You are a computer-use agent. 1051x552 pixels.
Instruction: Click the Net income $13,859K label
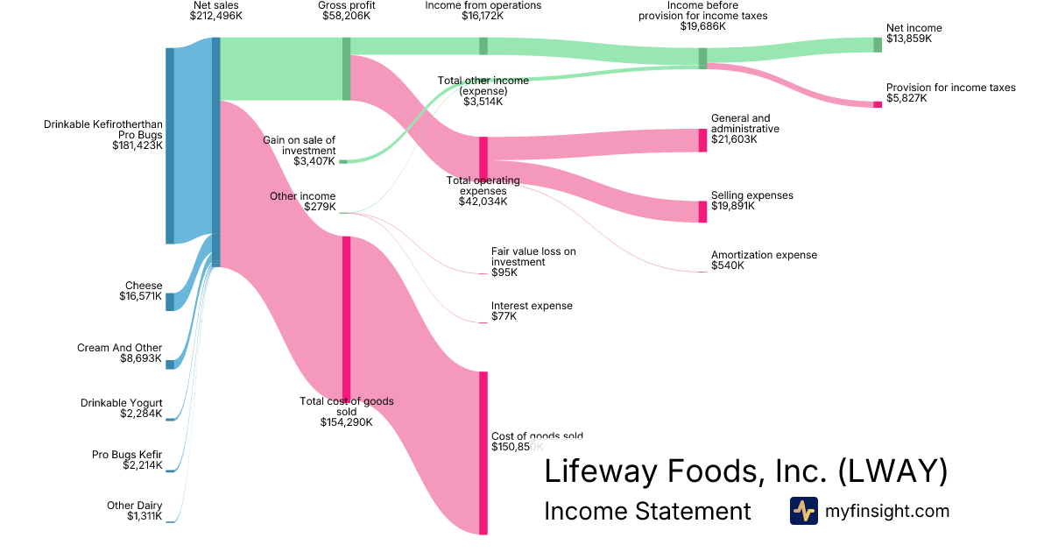click(913, 33)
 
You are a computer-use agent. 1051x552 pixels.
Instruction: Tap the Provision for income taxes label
click(950, 93)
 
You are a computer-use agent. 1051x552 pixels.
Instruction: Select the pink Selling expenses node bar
click(702, 211)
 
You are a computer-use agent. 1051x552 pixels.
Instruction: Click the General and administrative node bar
click(702, 140)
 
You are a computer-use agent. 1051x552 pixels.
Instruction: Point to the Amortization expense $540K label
click(764, 260)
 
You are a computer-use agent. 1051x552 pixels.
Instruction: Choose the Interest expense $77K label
click(532, 311)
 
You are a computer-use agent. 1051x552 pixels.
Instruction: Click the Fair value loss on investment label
click(533, 261)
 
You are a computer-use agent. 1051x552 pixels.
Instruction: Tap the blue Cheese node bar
click(170, 301)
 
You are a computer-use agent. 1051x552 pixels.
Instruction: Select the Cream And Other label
click(119, 353)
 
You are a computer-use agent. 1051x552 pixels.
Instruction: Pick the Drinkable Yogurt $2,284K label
click(121, 408)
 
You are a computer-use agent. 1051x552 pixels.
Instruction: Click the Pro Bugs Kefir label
click(127, 460)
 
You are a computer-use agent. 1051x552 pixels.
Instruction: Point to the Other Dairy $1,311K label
click(133, 511)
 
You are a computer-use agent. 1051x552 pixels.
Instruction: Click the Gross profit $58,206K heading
click(346, 11)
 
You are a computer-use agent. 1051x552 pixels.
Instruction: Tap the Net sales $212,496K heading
click(215, 11)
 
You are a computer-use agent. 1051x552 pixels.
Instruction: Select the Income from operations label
click(483, 11)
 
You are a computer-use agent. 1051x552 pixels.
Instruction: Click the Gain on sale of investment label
click(299, 150)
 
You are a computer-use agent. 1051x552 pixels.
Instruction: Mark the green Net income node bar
click(878, 45)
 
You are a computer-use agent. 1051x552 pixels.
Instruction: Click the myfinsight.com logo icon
click(803, 511)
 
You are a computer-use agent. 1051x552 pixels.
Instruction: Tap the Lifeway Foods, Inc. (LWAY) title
click(745, 471)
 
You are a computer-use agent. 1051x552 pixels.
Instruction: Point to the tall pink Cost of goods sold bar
click(483, 452)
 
